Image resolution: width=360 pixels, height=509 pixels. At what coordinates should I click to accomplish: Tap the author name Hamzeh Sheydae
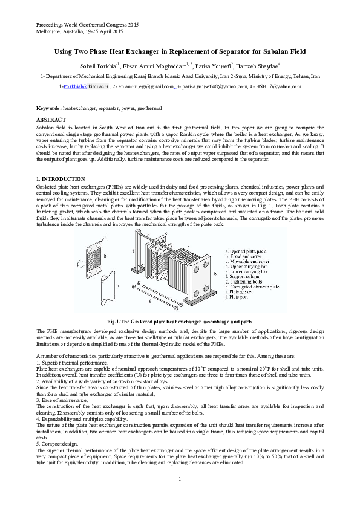tap(258, 66)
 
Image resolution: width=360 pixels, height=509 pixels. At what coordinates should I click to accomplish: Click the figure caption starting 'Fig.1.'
tap(180, 322)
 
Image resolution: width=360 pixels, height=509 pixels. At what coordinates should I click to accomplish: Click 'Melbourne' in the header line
tap(48, 31)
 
